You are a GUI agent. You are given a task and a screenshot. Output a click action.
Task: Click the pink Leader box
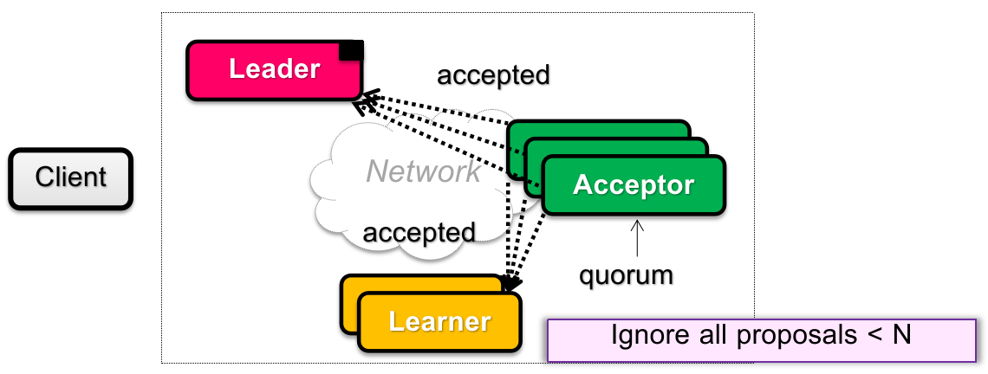tap(274, 70)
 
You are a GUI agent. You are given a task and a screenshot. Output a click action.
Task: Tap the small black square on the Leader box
tap(351, 50)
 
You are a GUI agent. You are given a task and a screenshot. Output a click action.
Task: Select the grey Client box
tap(70, 178)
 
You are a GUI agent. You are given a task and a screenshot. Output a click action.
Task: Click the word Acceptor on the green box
tap(634, 184)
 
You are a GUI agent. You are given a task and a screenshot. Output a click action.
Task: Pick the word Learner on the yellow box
tap(439, 321)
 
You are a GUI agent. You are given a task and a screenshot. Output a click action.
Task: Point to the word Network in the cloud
tap(423, 171)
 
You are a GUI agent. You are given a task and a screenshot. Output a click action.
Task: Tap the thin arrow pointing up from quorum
tap(638, 238)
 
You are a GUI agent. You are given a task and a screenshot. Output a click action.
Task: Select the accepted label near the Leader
tap(493, 75)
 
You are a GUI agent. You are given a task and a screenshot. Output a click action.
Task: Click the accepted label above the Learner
tap(419, 232)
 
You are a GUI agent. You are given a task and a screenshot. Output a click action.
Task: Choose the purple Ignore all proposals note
tap(760, 339)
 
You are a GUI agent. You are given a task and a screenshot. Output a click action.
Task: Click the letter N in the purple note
tap(901, 334)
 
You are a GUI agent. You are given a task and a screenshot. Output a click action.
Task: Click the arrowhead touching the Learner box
tap(510, 282)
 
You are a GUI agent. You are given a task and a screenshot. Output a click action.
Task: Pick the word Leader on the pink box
tap(274, 68)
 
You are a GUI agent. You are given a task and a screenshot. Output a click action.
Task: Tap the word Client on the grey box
tap(70, 177)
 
